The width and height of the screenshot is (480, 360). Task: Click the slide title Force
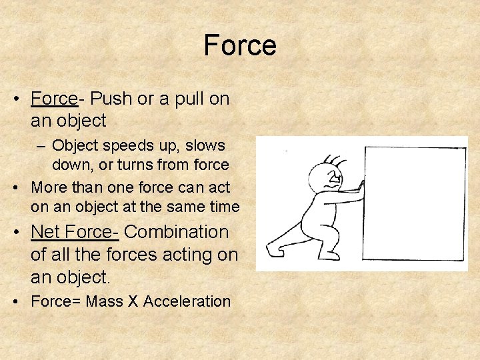240,45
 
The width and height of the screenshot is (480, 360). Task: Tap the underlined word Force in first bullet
54,99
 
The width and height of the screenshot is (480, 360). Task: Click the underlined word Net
46,232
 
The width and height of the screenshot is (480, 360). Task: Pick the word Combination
177,232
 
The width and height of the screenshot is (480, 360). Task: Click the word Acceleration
187,301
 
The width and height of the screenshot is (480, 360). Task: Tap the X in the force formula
133,301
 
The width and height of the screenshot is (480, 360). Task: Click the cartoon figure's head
327,179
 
